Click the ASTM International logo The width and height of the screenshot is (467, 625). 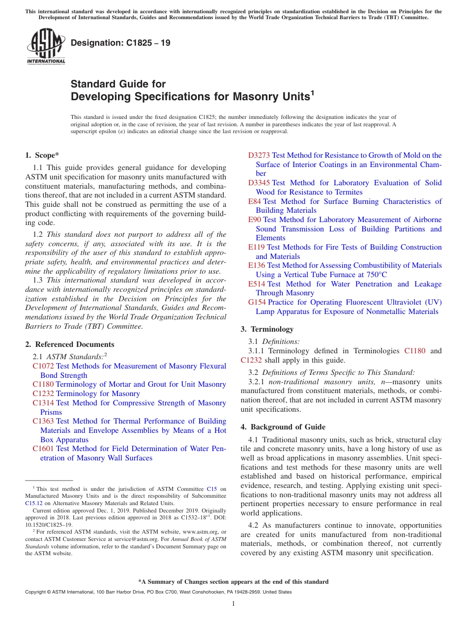pyautogui.click(x=46, y=46)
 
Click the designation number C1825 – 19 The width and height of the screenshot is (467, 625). pyautogui.click(x=120, y=43)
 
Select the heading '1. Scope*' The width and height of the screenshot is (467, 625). pyautogui.click(x=42, y=155)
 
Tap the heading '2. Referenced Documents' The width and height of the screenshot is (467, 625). pyautogui.click(x=70, y=344)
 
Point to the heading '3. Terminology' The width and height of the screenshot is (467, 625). pyautogui.click(x=267, y=329)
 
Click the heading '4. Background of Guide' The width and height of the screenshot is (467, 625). pyautogui.click(x=283, y=427)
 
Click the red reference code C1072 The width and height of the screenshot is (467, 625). pyautogui.click(x=43, y=366)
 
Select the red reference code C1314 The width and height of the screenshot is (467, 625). pyautogui.click(x=43, y=403)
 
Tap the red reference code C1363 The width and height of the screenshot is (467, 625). pyautogui.click(x=43, y=421)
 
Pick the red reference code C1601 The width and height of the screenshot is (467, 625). pyautogui.click(x=43, y=449)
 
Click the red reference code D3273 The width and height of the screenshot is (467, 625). pyautogui.click(x=259, y=155)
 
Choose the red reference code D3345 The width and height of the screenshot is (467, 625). pyautogui.click(x=259, y=183)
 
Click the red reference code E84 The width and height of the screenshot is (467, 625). pyautogui.click(x=255, y=201)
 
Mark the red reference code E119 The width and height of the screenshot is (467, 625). pyautogui.click(x=257, y=247)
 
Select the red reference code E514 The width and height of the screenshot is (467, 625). pyautogui.click(x=257, y=284)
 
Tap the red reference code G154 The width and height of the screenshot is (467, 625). pyautogui.click(x=257, y=302)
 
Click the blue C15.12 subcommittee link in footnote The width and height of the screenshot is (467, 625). pyautogui.click(x=34, y=503)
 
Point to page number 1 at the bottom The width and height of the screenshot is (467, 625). pyautogui.click(x=233, y=604)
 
